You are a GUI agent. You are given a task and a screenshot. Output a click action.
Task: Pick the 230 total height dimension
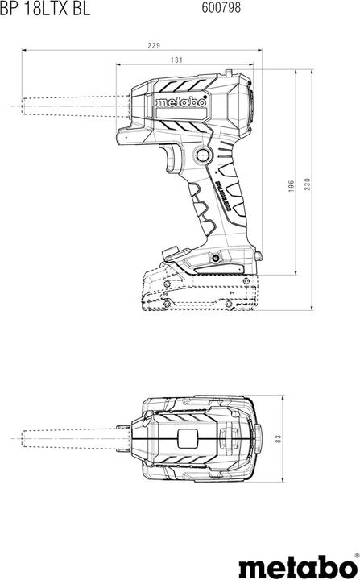tap(308, 185)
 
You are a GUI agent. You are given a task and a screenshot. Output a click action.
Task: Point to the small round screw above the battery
tap(215, 259)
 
